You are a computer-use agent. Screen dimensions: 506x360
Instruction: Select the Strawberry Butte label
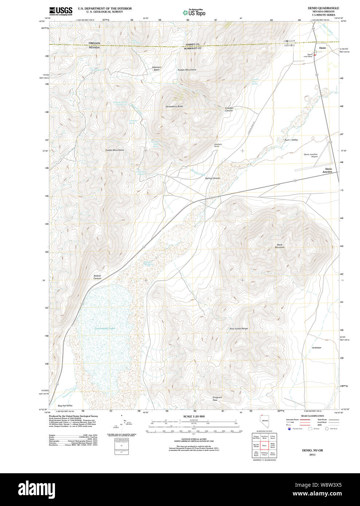tap(174, 106)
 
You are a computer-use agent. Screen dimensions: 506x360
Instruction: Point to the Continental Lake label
tap(105, 328)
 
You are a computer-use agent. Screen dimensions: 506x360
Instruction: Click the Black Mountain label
tap(280, 246)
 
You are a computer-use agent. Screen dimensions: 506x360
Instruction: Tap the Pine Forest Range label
tap(239, 328)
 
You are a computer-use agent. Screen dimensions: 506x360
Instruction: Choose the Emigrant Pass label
tap(217, 398)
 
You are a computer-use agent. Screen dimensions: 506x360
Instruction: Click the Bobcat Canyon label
tap(97, 277)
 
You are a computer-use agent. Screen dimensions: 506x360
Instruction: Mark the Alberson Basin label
tap(157, 68)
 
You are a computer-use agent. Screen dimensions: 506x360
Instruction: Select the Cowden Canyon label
tap(229, 109)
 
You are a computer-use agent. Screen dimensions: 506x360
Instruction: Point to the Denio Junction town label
tap(328, 170)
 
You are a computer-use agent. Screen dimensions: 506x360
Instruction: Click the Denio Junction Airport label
tap(310, 155)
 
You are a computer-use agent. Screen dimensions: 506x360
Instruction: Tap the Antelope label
tap(317, 348)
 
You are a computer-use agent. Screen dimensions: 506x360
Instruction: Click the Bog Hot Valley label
tap(65, 406)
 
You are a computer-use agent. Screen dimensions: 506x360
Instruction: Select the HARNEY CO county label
tap(193, 44)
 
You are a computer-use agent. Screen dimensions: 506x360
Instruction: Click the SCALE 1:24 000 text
tap(194, 416)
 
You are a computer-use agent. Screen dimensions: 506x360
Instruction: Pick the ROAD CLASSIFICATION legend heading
tap(312, 416)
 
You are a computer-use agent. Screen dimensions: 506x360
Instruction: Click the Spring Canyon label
tap(213, 178)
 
